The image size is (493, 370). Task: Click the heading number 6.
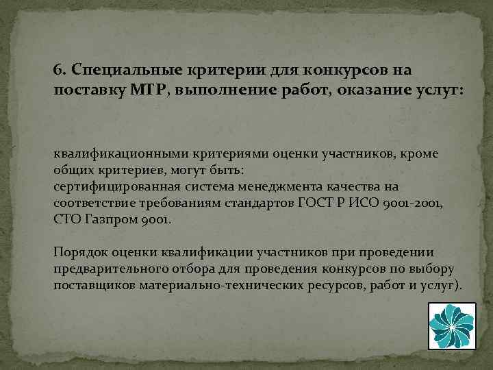[58, 70]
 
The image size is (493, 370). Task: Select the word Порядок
[76, 253]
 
